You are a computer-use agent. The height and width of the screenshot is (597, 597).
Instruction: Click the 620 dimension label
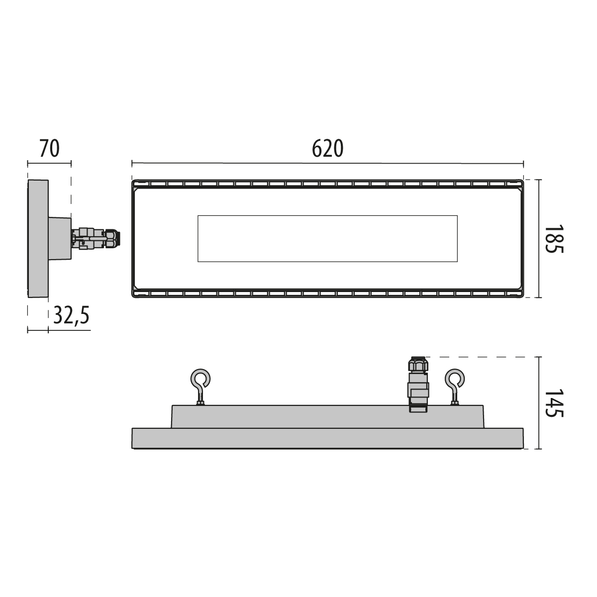(327, 148)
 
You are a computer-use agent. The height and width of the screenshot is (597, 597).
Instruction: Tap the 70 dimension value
(50, 148)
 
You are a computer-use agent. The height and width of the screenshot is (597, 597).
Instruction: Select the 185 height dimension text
(554, 239)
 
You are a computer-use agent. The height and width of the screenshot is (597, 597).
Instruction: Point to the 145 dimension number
(554, 403)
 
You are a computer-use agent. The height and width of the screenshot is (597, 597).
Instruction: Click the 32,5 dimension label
(72, 315)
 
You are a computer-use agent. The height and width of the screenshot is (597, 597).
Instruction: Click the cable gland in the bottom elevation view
(418, 385)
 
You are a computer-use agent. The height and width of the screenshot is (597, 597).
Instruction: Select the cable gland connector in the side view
(96, 239)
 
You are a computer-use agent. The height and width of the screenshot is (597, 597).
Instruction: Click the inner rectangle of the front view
(327, 239)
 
